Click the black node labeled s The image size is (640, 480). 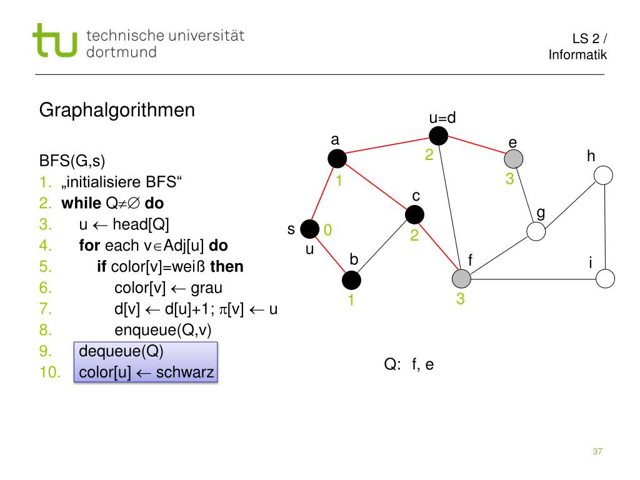point(309,230)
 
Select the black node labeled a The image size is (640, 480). point(337,159)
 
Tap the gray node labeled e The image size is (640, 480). point(513,159)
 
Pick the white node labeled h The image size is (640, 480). point(603,176)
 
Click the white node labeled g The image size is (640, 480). point(536,231)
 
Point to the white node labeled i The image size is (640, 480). point(605,278)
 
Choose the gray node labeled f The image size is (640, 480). point(461,279)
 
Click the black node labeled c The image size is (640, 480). point(414,215)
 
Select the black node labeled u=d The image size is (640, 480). point(439,134)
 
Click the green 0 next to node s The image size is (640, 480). point(327,231)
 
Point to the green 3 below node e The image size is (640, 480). point(509,179)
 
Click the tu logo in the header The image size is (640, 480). point(55,41)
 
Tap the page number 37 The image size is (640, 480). point(597,452)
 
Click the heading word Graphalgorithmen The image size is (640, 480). point(117,111)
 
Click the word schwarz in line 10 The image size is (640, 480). point(185,373)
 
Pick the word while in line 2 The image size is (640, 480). point(81,204)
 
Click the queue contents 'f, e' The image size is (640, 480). point(422,365)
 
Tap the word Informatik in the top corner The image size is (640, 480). point(577,55)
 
